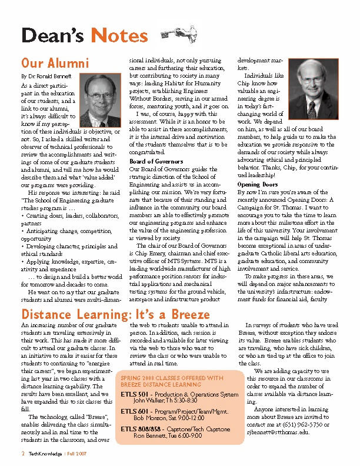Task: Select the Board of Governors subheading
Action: point(156,161)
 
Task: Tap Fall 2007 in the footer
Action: point(76,455)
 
